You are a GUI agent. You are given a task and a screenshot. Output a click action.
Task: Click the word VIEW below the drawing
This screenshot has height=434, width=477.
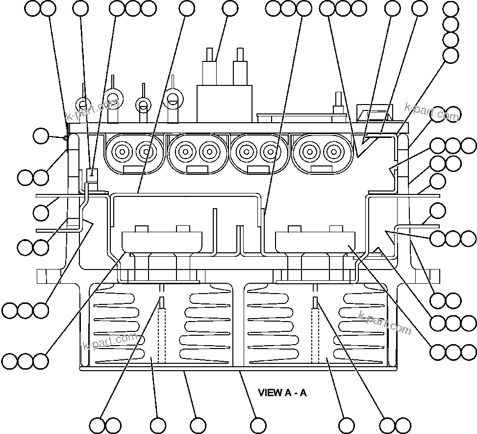269,393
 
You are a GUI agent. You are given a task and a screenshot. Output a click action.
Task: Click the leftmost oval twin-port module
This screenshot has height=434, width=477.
133,153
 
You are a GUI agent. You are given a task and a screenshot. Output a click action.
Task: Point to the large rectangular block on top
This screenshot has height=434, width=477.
224,104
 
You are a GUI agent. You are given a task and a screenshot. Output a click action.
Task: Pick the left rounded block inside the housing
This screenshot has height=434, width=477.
162,241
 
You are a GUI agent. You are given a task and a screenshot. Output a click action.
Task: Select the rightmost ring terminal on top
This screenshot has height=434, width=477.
172,98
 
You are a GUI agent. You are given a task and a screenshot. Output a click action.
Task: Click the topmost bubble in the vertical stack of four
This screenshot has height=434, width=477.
451,9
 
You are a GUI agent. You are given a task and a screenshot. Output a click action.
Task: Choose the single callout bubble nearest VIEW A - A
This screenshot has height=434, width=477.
258,425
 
